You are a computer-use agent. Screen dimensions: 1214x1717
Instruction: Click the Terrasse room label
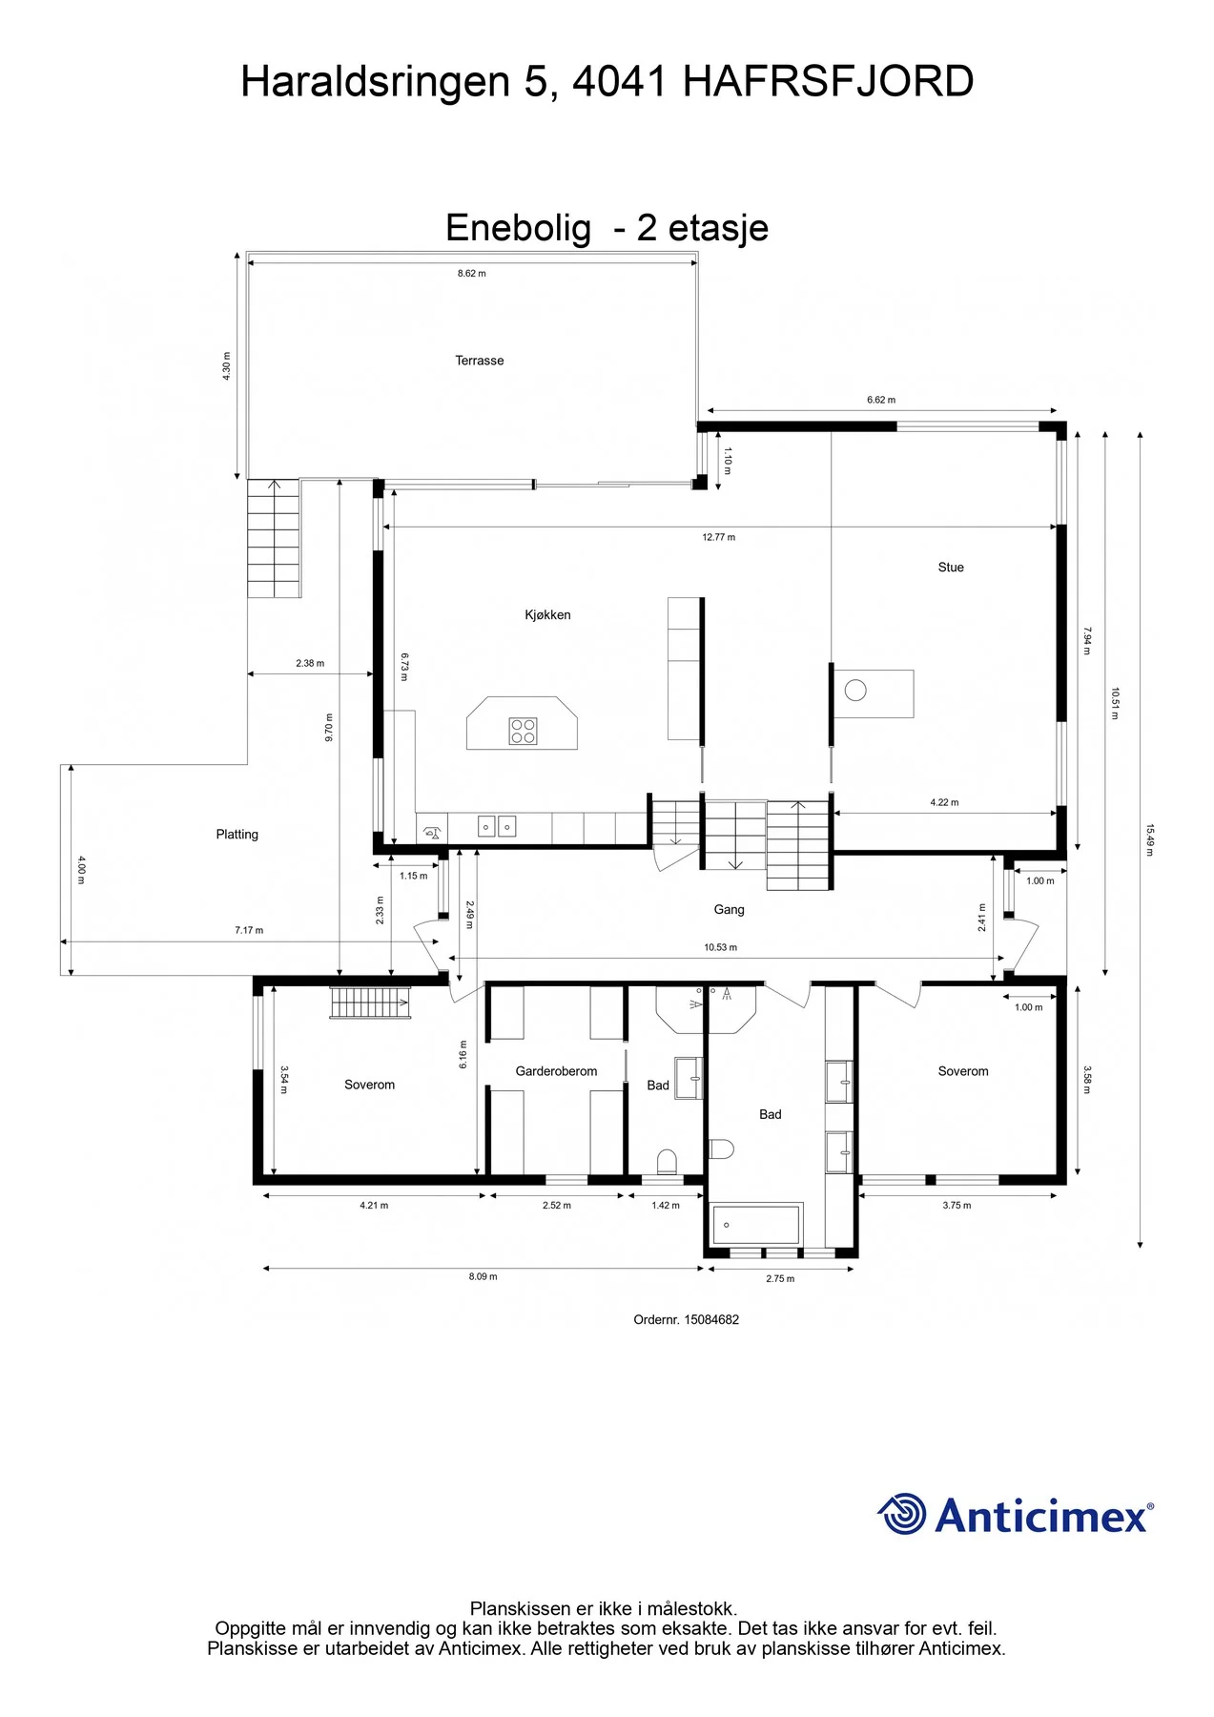[x=479, y=361]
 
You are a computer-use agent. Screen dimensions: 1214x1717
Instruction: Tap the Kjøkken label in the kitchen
[x=547, y=615]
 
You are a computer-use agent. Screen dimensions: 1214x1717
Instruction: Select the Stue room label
[x=951, y=568]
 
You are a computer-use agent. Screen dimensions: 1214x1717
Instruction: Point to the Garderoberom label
[x=556, y=1071]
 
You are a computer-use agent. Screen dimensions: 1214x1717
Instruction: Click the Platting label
[x=237, y=835]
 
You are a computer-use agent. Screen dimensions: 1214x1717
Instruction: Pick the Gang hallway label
[x=729, y=910]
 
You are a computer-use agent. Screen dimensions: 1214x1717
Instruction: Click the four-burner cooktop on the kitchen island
[x=523, y=732]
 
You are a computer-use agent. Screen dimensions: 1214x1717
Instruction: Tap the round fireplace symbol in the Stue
[x=855, y=690]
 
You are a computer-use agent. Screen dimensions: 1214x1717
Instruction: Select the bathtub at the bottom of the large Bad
[x=755, y=1225]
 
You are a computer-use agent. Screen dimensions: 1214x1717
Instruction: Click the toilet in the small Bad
[x=667, y=1161]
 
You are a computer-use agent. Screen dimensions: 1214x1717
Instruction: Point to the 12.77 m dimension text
[x=718, y=538]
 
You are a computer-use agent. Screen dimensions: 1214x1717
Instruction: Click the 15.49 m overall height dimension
[x=1149, y=840]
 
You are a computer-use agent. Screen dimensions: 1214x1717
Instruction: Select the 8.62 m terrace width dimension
[x=471, y=274]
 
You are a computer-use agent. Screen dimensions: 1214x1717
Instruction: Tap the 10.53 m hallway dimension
[x=720, y=948]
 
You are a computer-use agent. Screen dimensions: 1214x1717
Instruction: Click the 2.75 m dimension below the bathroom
[x=780, y=1279]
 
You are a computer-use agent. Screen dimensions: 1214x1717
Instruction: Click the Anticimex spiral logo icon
[x=901, y=1515]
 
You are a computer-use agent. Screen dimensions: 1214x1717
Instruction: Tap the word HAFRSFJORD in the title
[x=828, y=82]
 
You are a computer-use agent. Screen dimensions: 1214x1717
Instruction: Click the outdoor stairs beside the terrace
[x=274, y=538]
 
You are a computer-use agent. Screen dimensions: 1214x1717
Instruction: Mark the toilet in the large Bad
[x=721, y=1148]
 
